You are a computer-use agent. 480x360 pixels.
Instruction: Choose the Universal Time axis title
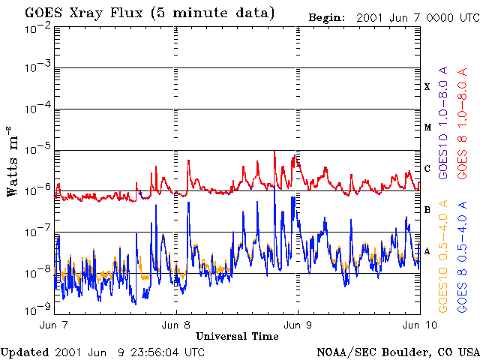click(x=237, y=335)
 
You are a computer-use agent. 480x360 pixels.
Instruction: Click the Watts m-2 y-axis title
click(x=13, y=161)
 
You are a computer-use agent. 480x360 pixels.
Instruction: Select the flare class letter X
click(x=427, y=87)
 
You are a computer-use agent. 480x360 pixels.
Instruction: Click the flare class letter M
click(x=427, y=127)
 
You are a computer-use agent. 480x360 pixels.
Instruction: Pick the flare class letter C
click(x=427, y=169)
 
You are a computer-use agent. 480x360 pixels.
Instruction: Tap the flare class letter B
click(x=427, y=210)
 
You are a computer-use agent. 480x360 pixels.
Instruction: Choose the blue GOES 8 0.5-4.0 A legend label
click(x=463, y=255)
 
